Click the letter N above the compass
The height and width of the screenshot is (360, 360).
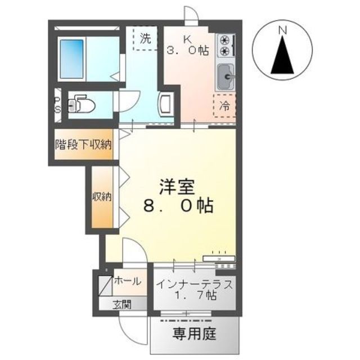point(283,29)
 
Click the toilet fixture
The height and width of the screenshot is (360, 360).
point(83,105)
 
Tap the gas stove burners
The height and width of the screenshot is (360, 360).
point(226,45)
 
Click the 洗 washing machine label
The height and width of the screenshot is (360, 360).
point(146,39)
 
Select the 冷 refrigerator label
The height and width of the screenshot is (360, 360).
point(224,105)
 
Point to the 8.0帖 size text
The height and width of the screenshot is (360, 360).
point(177,206)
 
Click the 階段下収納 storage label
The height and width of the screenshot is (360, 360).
point(83,145)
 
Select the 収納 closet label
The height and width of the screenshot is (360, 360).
point(102,197)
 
